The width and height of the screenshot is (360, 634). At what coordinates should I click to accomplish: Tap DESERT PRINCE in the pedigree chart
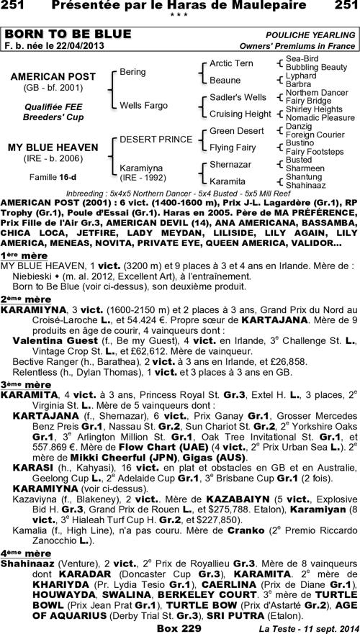(x=145, y=138)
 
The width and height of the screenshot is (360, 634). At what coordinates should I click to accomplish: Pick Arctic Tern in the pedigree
(x=230, y=64)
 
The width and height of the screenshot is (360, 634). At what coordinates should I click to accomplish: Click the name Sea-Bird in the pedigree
(x=302, y=58)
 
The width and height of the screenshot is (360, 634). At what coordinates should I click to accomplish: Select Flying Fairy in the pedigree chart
(x=232, y=147)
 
